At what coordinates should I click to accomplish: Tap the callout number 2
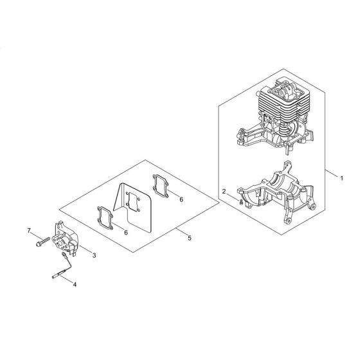[224, 192]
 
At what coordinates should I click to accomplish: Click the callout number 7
[29, 230]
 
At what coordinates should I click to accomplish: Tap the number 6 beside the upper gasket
[181, 200]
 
